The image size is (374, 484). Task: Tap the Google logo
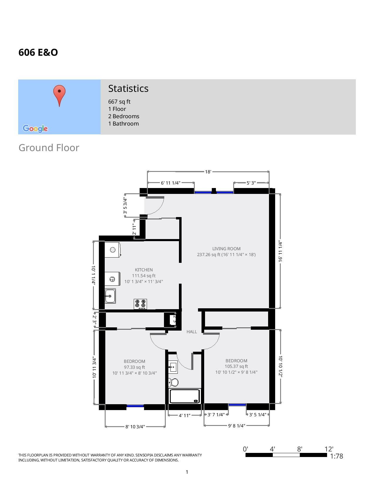[35, 128]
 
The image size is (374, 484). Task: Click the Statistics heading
[128, 88]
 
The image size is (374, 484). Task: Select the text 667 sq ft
[119, 101]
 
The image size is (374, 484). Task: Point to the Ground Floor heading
[49, 148]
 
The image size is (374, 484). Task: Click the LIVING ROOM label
[226, 248]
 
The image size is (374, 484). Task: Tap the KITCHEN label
[144, 270]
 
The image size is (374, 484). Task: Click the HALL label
[192, 331]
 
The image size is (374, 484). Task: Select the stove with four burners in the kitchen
[141, 304]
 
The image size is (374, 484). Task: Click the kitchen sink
[110, 296]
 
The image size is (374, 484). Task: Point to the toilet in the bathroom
[173, 382]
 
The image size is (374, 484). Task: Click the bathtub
[185, 396]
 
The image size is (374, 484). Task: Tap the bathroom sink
[173, 367]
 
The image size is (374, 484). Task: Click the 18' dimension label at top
[208, 172]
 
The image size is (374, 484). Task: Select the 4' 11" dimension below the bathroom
[185, 415]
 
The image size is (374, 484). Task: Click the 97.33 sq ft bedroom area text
[134, 367]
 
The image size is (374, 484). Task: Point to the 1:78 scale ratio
[336, 456]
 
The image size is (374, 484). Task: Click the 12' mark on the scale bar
[329, 449]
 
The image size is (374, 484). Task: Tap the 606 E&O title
[38, 53]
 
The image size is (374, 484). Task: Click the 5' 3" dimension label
[251, 183]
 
